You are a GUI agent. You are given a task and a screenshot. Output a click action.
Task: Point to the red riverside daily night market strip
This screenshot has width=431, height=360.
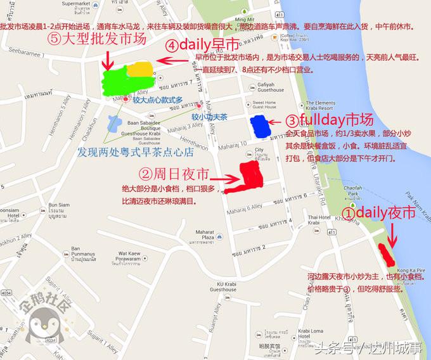pos(385,254)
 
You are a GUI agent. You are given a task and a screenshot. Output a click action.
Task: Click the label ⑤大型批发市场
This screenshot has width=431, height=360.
pos(97,39)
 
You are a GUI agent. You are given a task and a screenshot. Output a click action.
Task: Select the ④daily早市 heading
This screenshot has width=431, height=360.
pos(203,46)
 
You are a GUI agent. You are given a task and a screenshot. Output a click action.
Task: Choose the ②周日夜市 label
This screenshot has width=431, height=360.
pos(174,173)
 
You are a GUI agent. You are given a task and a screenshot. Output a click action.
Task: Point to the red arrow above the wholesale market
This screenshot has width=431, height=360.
pos(107,60)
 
